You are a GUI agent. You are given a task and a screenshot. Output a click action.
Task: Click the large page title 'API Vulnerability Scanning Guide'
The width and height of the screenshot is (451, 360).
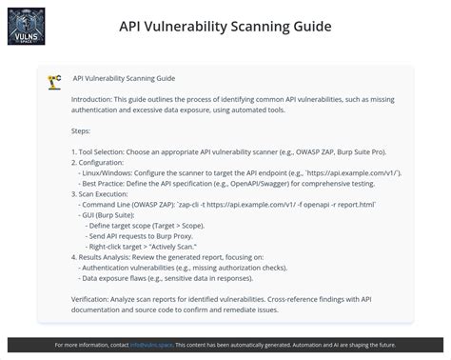(225, 26)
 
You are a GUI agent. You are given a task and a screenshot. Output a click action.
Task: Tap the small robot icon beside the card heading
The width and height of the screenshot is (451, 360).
(55, 81)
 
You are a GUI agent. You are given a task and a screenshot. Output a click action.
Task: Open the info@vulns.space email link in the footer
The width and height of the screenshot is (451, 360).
(150, 345)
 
